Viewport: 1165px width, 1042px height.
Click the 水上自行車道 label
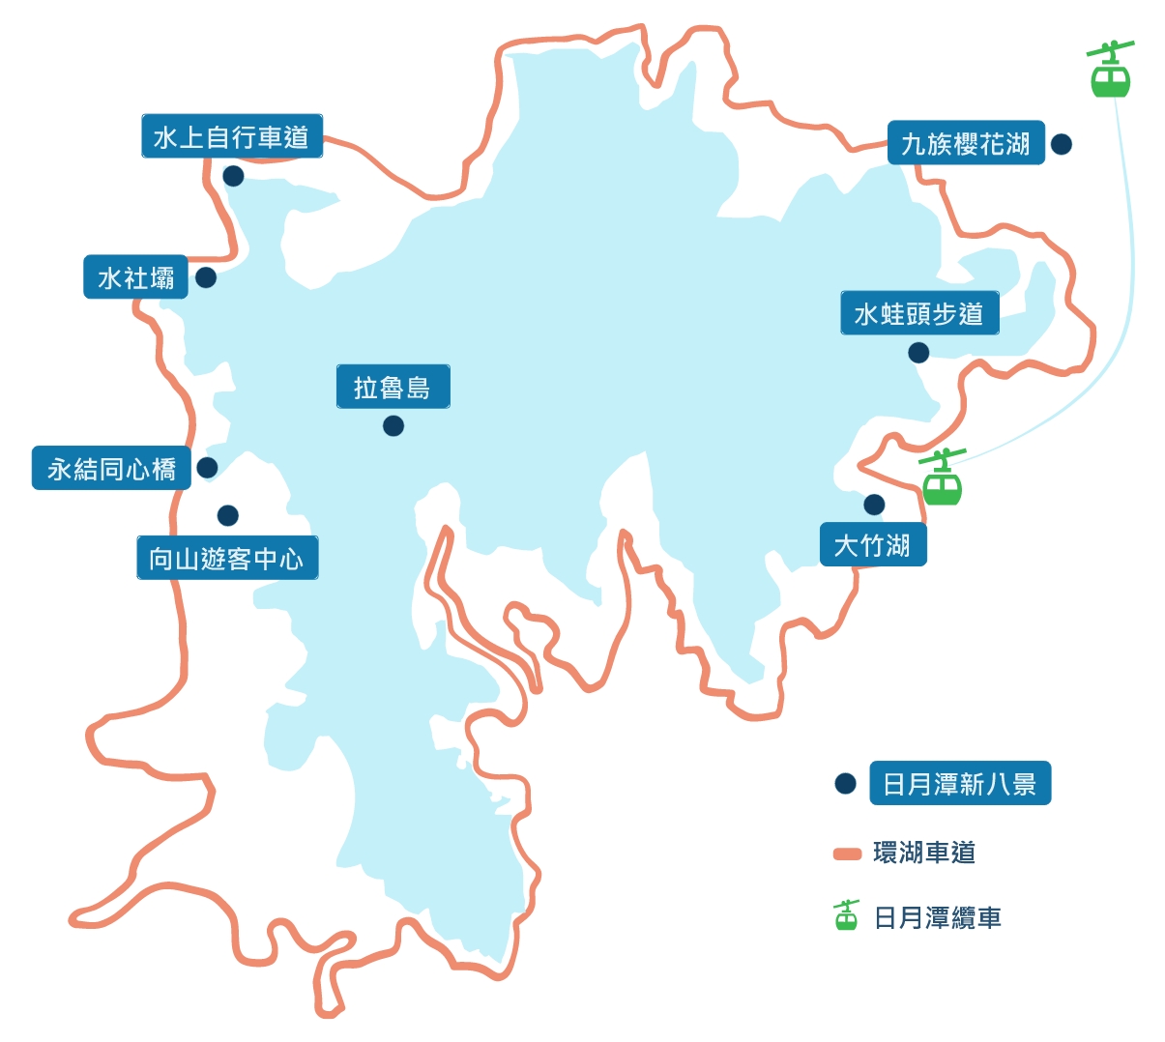click(x=231, y=137)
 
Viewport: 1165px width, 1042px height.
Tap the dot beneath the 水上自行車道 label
click(x=233, y=176)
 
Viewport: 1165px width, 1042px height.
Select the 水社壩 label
click(x=135, y=277)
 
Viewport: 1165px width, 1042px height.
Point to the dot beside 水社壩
click(x=206, y=277)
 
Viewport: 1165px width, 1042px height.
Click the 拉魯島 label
click(x=393, y=387)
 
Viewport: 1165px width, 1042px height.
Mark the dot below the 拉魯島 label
click(x=393, y=425)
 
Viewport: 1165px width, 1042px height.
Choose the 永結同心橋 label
click(x=111, y=469)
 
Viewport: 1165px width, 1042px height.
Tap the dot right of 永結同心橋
click(x=207, y=468)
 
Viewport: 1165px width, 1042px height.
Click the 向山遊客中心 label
click(x=227, y=558)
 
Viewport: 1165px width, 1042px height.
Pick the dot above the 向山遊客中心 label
click(x=228, y=515)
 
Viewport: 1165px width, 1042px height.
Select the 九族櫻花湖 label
click(x=966, y=143)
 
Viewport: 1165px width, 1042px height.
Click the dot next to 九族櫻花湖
click(x=1062, y=144)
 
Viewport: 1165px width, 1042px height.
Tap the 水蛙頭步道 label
click(x=919, y=313)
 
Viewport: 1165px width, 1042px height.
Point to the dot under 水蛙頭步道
click(x=918, y=353)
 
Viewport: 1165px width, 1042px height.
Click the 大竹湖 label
click(x=872, y=544)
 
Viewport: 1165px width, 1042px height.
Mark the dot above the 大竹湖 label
click(x=874, y=505)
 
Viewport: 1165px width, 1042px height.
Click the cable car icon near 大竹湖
click(x=942, y=479)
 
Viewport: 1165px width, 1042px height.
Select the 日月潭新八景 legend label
click(x=959, y=784)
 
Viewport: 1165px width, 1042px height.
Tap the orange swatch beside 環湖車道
click(x=847, y=854)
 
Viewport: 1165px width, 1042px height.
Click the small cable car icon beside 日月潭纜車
click(x=846, y=915)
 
